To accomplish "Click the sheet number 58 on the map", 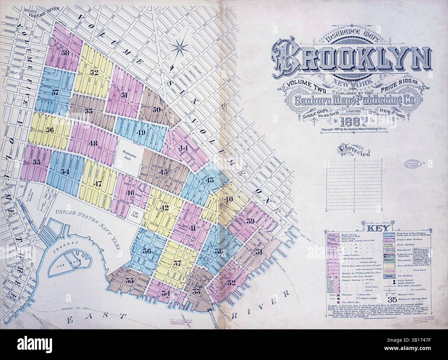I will (x=65, y=53).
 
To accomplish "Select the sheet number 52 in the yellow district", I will (x=94, y=73).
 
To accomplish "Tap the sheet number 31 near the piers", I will (x=259, y=253).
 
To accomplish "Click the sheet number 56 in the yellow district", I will (x=50, y=130).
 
